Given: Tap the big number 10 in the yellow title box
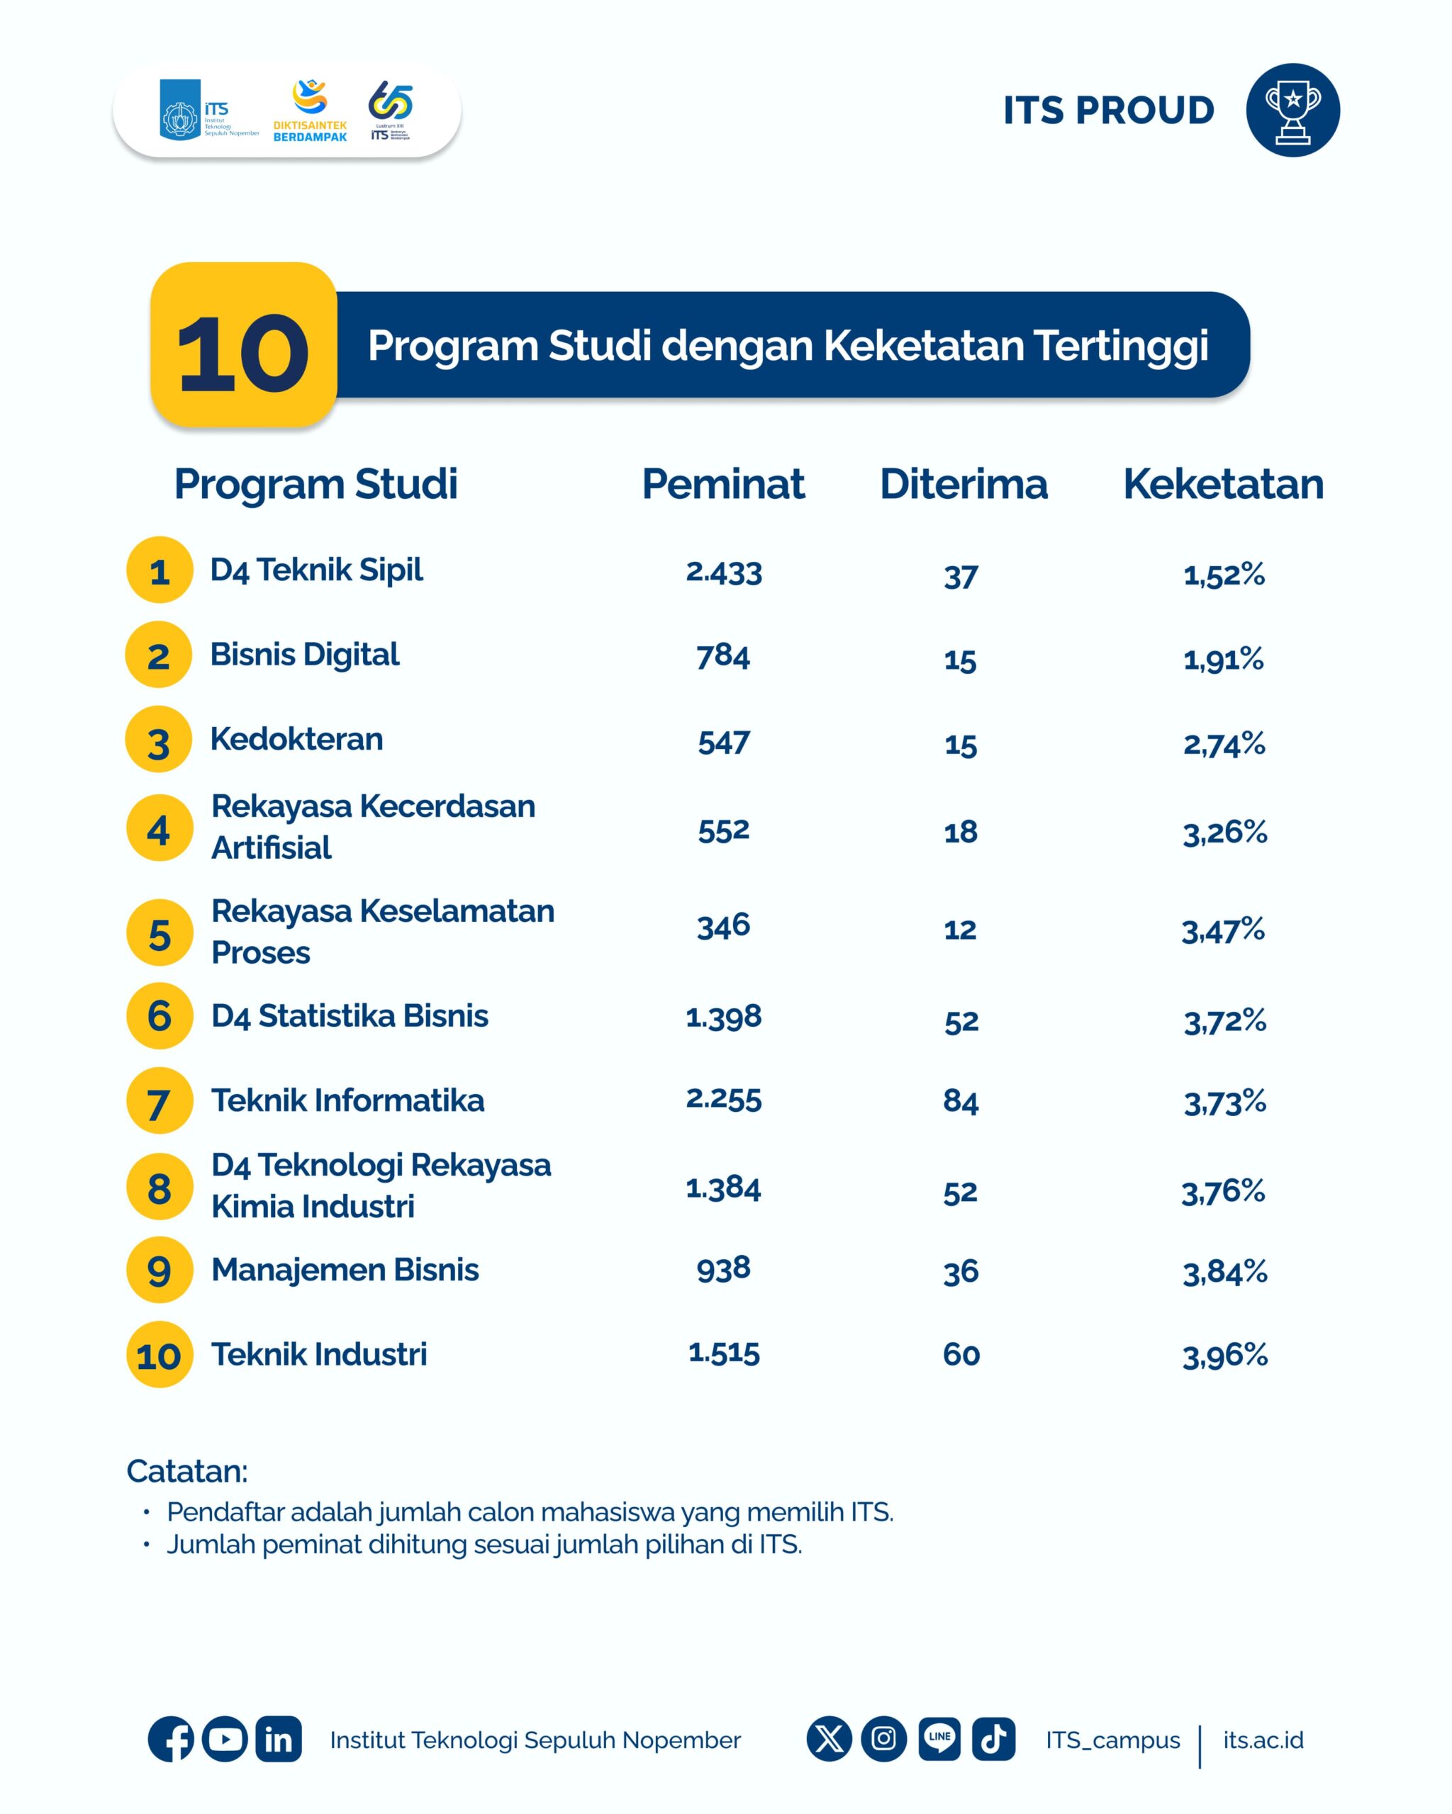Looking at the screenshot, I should pos(242,354).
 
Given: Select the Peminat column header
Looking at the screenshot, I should pos(723,484).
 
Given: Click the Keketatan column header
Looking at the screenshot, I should pos(1223,484).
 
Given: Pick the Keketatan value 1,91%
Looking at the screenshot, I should pos(1223,659).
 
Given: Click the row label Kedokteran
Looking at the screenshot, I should pos(296,739).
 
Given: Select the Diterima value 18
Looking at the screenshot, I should pos(961,832).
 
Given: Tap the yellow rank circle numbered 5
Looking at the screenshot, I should pos(159,933).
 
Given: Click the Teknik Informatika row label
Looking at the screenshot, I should pos(347,1100).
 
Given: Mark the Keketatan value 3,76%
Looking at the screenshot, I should pos(1223,1191).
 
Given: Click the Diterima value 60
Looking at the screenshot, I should pos(961,1355).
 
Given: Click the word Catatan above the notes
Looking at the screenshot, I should pos(187,1472).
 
